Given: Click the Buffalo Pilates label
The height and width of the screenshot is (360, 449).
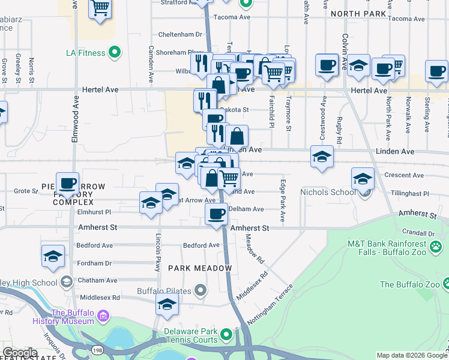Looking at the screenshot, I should pos(164,292).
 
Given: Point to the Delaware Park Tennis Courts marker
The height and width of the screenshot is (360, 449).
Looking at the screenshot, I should pos(226,334).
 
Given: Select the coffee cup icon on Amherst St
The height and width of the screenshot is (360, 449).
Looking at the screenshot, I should pos(216,213).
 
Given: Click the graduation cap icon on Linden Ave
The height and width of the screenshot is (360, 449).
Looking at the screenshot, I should pos(322,157).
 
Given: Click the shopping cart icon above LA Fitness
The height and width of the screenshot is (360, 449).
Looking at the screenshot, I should pos(100,8).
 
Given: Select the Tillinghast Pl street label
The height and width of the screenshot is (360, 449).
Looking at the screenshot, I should pos(409,194).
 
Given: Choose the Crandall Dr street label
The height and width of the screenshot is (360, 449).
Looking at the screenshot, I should pos(419,233).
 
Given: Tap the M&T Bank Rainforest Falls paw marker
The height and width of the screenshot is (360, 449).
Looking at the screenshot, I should pos(436,245).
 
